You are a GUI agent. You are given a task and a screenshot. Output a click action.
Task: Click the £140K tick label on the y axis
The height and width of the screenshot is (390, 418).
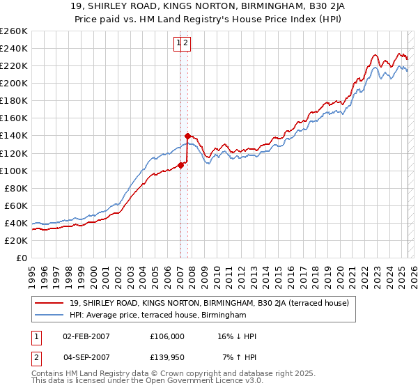point(14,136)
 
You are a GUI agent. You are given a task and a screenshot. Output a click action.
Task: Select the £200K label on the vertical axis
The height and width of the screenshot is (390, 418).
point(14,83)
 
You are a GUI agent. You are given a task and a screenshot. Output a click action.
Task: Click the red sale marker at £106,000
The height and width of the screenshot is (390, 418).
point(180,165)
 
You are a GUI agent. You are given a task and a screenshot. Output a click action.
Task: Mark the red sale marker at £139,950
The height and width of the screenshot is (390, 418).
point(187,136)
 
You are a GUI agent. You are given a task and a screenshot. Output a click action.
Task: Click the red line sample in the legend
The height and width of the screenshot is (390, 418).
point(49,303)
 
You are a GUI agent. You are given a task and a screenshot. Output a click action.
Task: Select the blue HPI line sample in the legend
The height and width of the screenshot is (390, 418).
point(49,315)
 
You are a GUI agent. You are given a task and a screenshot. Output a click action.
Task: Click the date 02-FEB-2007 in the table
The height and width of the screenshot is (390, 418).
point(86,336)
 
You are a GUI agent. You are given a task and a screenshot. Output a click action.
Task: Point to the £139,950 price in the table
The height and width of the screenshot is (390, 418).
point(167,357)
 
